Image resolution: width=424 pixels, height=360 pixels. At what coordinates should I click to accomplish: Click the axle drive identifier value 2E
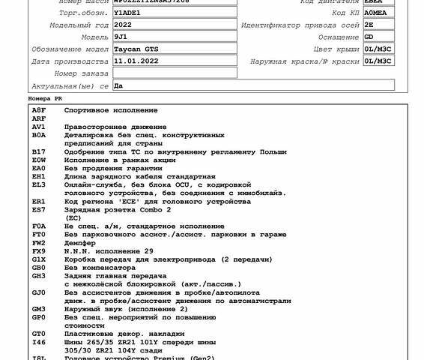pos(369,25)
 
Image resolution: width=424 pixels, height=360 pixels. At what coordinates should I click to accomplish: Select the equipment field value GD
pos(369,37)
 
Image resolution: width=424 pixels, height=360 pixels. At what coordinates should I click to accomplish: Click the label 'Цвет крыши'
pos(336,49)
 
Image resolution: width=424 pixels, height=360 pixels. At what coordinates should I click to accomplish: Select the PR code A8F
pos(38,110)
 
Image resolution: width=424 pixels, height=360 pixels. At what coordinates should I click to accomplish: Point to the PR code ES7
pos(38,209)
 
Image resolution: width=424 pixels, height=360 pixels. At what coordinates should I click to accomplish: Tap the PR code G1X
pos(38,259)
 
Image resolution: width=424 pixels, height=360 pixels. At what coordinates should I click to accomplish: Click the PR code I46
pos(38,341)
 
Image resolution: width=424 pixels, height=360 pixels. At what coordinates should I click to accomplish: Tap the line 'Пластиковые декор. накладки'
pos(123,333)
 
